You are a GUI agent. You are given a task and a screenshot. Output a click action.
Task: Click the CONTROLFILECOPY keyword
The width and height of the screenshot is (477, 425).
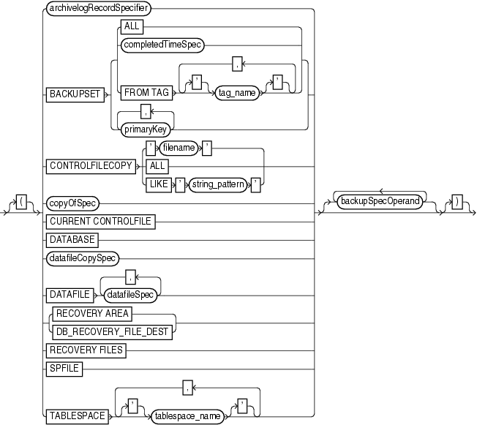click(x=90, y=166)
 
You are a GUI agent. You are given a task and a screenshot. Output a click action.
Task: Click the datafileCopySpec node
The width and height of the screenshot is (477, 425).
click(x=84, y=257)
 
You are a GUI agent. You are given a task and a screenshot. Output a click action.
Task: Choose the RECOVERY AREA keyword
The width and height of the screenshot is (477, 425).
click(x=92, y=314)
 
